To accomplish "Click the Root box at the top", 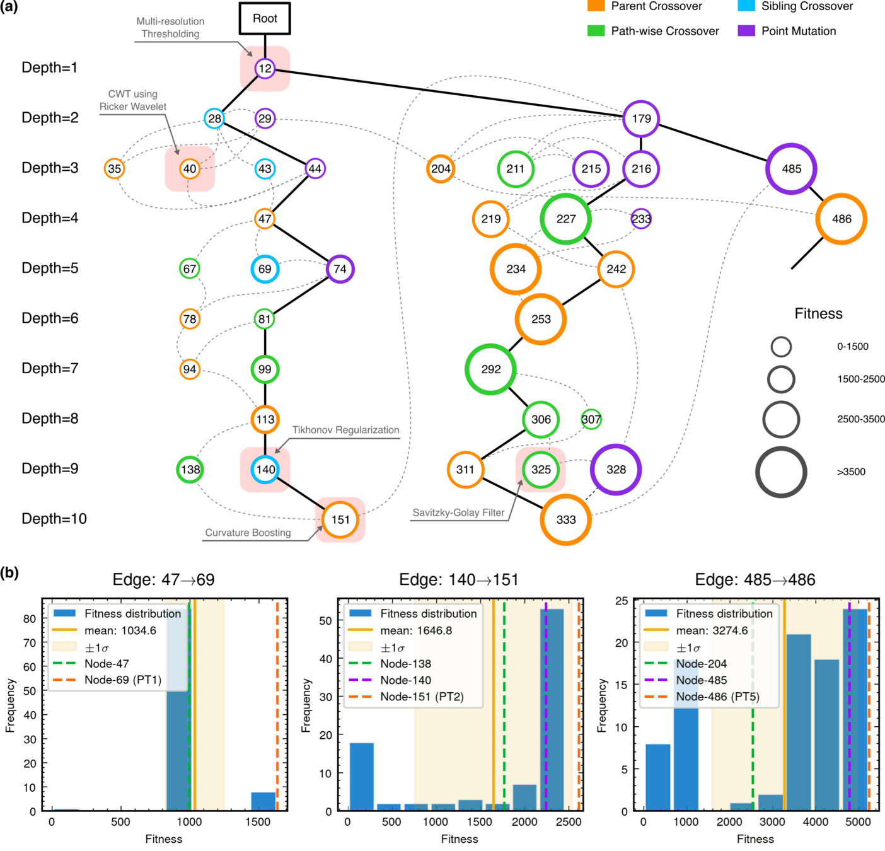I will pos(265,18).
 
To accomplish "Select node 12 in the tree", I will pos(265,69).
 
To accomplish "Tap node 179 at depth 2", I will pos(641,119).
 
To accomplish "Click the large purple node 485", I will pos(791,169).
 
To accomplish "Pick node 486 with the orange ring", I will pos(841,219).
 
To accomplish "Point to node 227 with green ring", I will pos(565,219).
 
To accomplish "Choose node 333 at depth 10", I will pos(565,519).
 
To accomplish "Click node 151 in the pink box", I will pos(340,519).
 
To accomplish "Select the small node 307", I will pos(591,419).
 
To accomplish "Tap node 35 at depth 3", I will pos(114,169).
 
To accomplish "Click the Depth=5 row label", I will pos(50,269).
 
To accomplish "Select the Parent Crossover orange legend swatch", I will pos(596,6).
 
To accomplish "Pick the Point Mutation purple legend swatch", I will pos(746,31).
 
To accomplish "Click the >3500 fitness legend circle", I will pos(781,472).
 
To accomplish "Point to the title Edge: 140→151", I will pos(459,580).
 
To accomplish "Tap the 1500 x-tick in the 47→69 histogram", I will pos(257,822).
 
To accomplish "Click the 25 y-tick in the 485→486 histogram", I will pos(622,601).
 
